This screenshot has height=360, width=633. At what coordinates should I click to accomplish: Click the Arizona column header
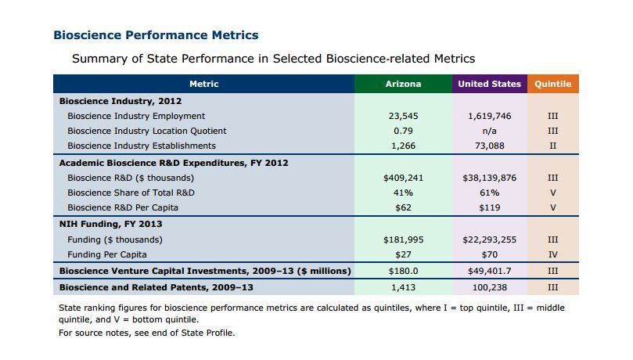coord(403,84)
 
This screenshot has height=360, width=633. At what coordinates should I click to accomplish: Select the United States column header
coord(489,84)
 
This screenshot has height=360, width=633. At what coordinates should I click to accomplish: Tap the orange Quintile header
coord(552,84)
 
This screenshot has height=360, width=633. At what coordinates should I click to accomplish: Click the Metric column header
coord(204,84)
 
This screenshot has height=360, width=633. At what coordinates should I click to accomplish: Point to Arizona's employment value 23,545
coord(403,117)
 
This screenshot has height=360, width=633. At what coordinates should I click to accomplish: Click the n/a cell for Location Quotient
coord(489,131)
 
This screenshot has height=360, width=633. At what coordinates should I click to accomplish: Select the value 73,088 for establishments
coord(489,146)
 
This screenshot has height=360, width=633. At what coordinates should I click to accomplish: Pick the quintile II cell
coord(552,146)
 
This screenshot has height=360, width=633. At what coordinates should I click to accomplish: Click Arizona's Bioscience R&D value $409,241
coord(403,178)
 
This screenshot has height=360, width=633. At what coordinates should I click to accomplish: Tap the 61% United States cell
coord(489,193)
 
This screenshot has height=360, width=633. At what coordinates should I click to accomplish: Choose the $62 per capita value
coord(403,207)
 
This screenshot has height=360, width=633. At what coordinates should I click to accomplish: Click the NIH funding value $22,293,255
coord(489,239)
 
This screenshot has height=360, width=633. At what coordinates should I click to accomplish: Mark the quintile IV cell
coord(552,254)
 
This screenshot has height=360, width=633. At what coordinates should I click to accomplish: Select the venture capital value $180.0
coord(403,272)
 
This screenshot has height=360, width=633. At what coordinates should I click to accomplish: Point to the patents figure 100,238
coord(489,287)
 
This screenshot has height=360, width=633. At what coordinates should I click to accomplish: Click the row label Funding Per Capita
coord(107,254)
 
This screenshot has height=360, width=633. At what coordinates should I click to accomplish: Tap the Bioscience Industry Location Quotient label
coord(147,131)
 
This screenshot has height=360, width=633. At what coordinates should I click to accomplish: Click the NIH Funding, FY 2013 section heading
coord(110,224)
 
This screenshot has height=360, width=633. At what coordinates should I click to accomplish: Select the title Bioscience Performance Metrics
coord(156,35)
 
